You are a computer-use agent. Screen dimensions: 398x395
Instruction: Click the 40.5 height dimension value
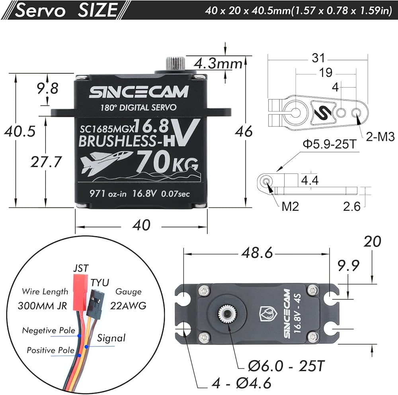20,131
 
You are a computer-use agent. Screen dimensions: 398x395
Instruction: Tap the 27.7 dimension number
46,162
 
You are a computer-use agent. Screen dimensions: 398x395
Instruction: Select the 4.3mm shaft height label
218,63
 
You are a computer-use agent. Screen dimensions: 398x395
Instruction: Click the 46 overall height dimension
244,131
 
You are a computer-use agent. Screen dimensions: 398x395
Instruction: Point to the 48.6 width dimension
257,253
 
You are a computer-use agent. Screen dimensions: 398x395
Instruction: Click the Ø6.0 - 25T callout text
286,366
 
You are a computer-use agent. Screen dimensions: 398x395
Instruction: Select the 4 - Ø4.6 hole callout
242,383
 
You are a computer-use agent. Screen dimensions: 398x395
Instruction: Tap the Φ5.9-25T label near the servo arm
330,144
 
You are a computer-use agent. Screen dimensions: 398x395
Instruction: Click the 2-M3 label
380,137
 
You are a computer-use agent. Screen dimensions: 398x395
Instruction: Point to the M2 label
291,206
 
